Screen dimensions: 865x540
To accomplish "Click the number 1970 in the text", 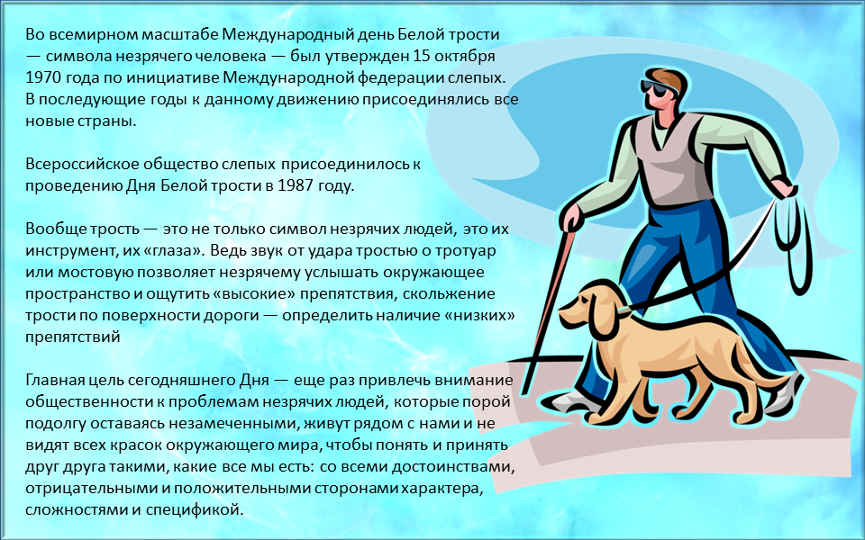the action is click(x=43, y=77).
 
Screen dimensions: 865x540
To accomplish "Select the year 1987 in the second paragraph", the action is click(x=296, y=185).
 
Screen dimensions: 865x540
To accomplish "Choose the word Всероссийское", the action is click(x=82, y=164).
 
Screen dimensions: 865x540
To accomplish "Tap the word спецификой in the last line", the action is click(x=195, y=509).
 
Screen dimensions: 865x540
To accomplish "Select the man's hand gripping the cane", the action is click(x=572, y=218).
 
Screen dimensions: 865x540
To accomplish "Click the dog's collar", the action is click(x=622, y=312).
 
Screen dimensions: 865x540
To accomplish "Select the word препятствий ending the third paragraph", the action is click(x=73, y=337).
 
